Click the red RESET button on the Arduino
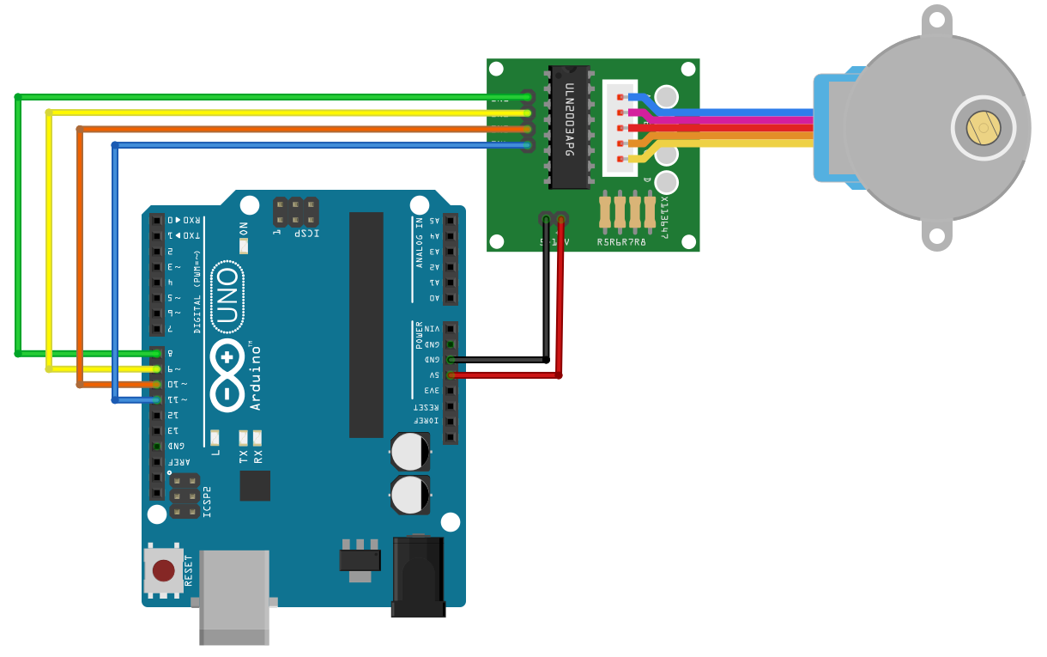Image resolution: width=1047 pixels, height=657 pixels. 163,570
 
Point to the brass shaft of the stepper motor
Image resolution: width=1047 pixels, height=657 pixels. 983,128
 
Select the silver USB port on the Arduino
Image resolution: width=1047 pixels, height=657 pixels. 233,597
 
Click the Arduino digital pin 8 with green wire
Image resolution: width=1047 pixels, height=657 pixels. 156,353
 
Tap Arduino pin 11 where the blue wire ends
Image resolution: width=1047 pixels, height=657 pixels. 156,399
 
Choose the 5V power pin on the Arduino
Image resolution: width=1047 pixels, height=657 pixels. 450,375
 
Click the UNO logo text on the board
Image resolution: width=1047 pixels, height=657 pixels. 227,297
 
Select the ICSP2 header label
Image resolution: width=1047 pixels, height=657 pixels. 207,502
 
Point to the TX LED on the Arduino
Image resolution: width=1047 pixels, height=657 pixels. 244,438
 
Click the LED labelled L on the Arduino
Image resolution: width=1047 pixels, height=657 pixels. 215,438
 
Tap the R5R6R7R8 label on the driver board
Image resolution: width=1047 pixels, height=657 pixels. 621,242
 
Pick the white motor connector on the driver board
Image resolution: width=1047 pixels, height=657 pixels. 620,127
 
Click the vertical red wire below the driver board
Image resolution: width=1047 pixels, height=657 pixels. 560,301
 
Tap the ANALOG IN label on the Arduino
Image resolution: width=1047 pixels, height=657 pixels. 421,242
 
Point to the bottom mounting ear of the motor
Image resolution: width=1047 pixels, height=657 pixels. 936,234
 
